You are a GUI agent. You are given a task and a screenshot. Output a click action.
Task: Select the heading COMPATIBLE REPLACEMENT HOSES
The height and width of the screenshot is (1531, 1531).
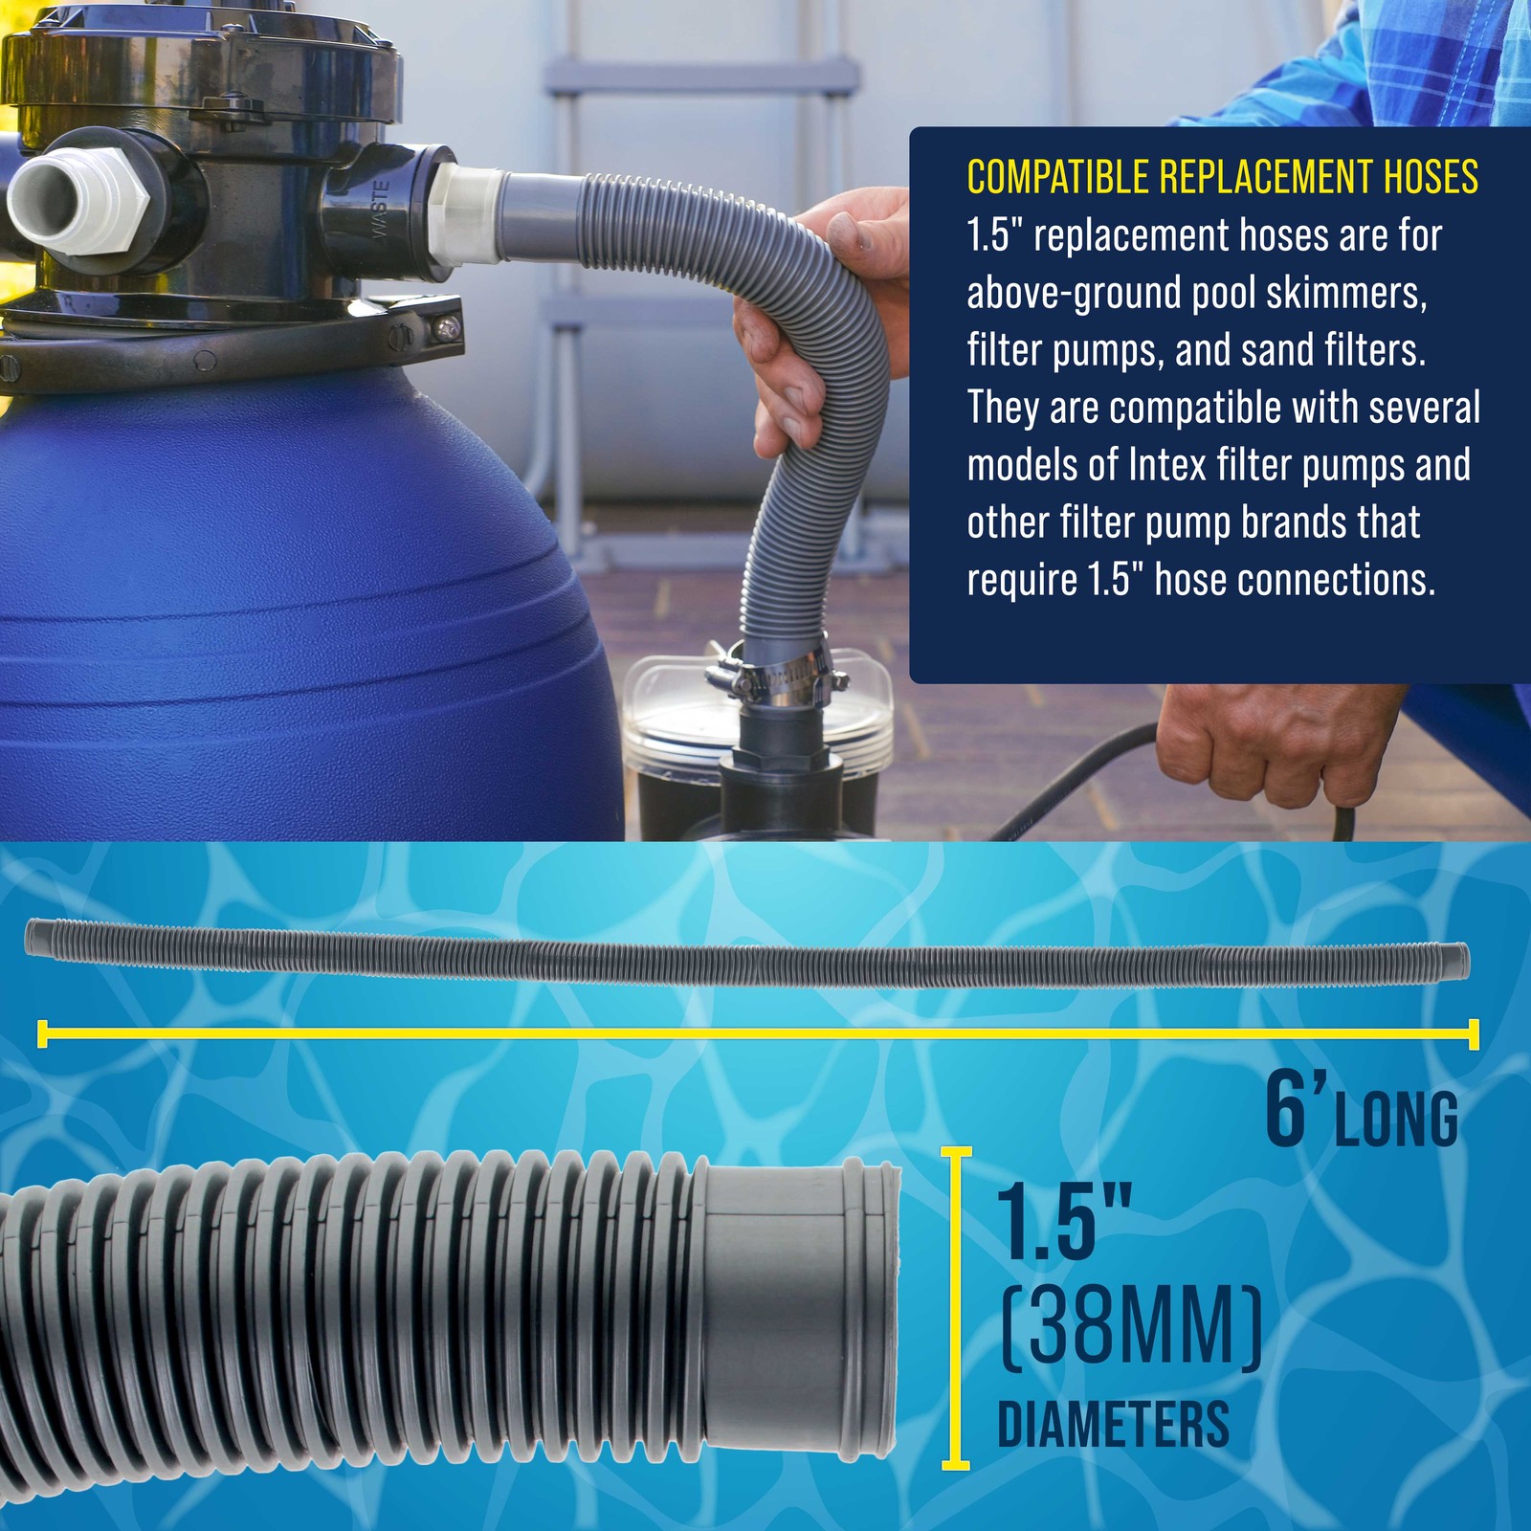click(1222, 178)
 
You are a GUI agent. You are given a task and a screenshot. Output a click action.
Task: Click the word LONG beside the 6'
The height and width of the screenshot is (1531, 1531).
click(1396, 1119)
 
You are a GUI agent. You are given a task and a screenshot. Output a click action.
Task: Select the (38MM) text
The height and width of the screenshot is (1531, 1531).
click(1130, 1328)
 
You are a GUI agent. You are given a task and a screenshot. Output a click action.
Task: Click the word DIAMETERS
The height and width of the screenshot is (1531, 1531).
click(1113, 1425)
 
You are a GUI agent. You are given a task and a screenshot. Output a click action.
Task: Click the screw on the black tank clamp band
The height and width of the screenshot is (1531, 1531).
click(443, 327)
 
